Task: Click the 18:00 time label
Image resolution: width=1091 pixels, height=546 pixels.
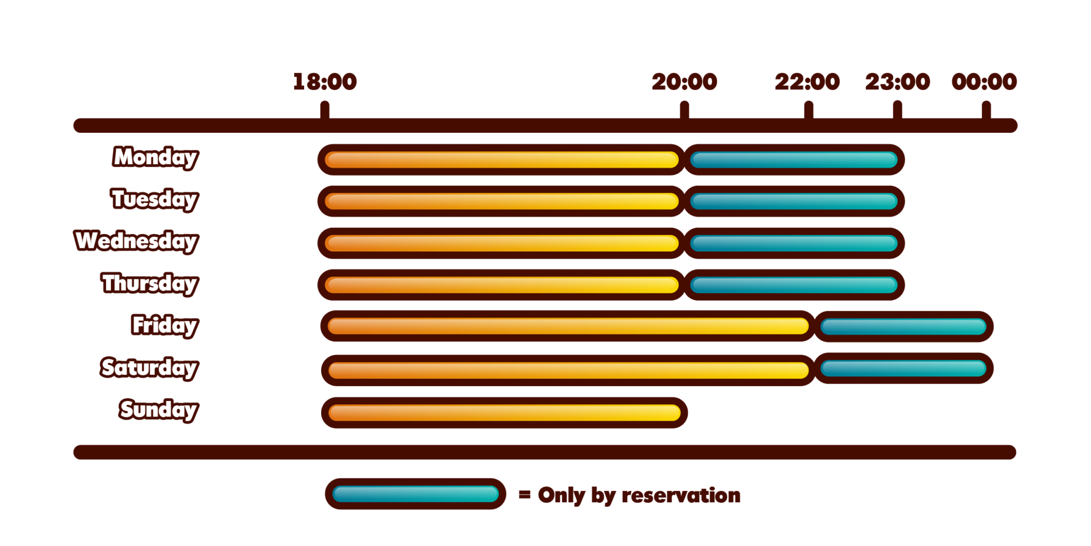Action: pyautogui.click(x=325, y=82)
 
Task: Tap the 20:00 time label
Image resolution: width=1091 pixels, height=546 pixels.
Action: pyautogui.click(x=685, y=82)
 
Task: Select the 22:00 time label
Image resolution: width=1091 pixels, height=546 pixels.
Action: pyautogui.click(x=808, y=82)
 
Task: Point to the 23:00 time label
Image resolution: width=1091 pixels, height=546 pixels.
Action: pyautogui.click(x=898, y=82)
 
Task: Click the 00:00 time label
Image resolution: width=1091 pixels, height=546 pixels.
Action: pyautogui.click(x=984, y=82)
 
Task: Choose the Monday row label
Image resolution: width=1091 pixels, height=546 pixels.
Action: pyautogui.click(x=155, y=158)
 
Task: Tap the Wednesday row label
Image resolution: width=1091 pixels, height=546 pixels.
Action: pyautogui.click(x=136, y=242)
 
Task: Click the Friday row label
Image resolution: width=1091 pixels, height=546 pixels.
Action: pyautogui.click(x=165, y=325)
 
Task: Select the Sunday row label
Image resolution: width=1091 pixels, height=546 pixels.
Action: pyautogui.click(x=159, y=410)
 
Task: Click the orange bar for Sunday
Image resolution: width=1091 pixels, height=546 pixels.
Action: pyautogui.click(x=504, y=413)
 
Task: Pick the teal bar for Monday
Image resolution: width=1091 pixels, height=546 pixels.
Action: pyautogui.click(x=794, y=159)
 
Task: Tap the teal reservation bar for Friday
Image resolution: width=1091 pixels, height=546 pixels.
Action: pyautogui.click(x=903, y=326)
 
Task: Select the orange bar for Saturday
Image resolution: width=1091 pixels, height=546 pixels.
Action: pyautogui.click(x=568, y=370)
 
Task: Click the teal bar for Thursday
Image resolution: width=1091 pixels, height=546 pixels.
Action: pyautogui.click(x=794, y=285)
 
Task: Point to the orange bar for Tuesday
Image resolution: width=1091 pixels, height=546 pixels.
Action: pyautogui.click(x=501, y=201)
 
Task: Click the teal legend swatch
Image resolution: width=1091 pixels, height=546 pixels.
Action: pyautogui.click(x=416, y=494)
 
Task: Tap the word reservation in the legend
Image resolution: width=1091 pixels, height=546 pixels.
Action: pyautogui.click(x=681, y=495)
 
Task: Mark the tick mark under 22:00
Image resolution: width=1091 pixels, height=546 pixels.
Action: pyautogui.click(x=809, y=111)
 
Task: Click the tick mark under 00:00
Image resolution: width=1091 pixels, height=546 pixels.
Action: pyautogui.click(x=986, y=111)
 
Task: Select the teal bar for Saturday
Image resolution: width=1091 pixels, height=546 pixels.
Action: pyautogui.click(x=903, y=368)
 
